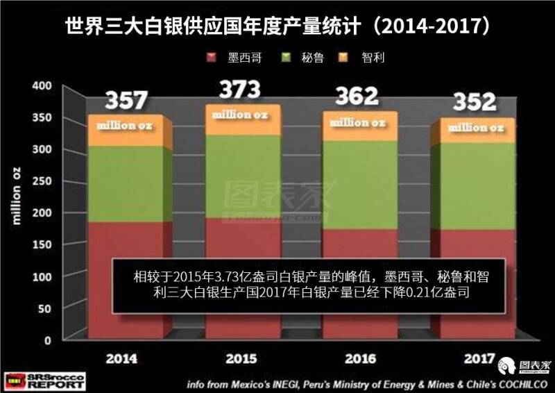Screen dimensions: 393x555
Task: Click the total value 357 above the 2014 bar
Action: (x=126, y=101)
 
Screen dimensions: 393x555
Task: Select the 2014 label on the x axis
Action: (x=121, y=359)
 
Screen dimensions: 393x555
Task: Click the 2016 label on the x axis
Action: (x=359, y=359)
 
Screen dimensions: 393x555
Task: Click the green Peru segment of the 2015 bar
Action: (x=243, y=177)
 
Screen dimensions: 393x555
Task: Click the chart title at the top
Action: (x=277, y=26)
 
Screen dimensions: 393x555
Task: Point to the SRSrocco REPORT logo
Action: (x=43, y=381)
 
